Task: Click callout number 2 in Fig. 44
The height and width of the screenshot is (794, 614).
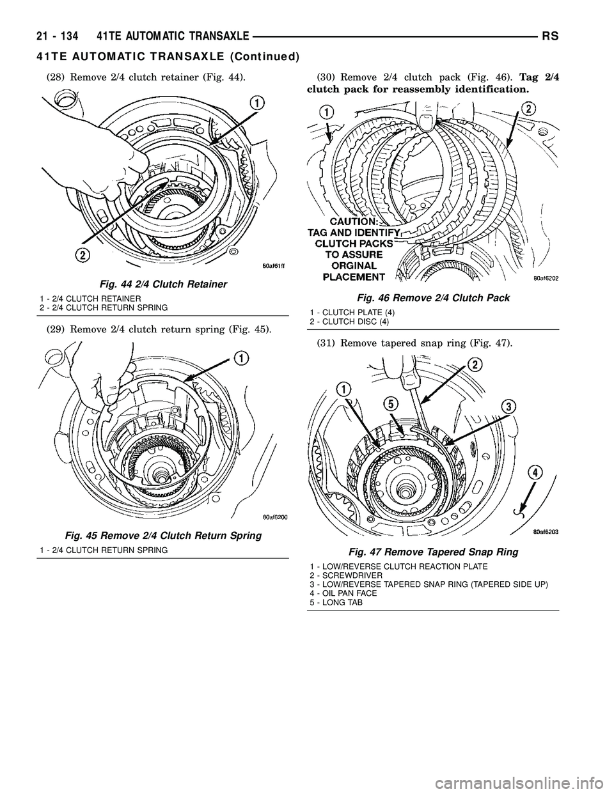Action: coord(82,255)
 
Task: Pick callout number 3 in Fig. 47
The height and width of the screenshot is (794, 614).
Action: coord(508,406)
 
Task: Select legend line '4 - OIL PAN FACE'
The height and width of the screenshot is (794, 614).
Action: coord(343,593)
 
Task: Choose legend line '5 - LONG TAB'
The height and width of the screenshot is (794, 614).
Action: coord(336,602)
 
